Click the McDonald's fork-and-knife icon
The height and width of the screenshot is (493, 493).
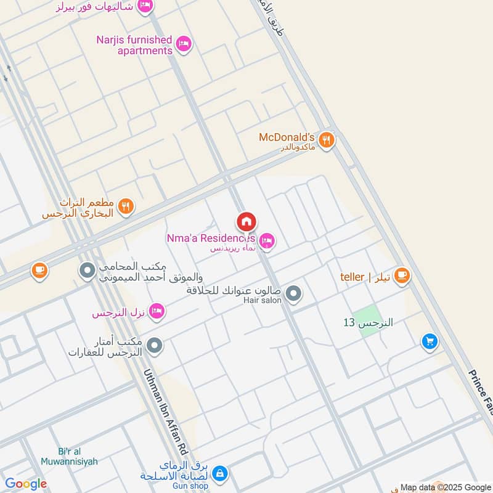pyautogui.click(x=327, y=139)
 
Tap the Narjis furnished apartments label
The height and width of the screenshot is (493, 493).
pyautogui.click(x=134, y=45)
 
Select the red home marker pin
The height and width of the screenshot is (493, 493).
pyautogui.click(x=246, y=221)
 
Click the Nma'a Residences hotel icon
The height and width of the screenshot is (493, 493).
pyautogui.click(x=267, y=241)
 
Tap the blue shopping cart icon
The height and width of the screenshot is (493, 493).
pyautogui.click(x=430, y=340)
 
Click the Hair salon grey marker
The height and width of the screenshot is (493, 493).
pyautogui.click(x=294, y=293)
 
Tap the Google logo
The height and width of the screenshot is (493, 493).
pyautogui.click(x=26, y=484)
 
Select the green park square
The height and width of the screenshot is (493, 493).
pyautogui.click(x=368, y=321)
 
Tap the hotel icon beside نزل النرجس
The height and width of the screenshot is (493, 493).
pyautogui.click(x=157, y=312)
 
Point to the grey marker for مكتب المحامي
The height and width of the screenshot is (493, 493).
pyautogui.click(x=87, y=270)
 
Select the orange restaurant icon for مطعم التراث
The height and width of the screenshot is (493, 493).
pyautogui.click(x=126, y=207)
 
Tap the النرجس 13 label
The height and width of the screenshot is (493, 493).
pyautogui.click(x=368, y=322)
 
